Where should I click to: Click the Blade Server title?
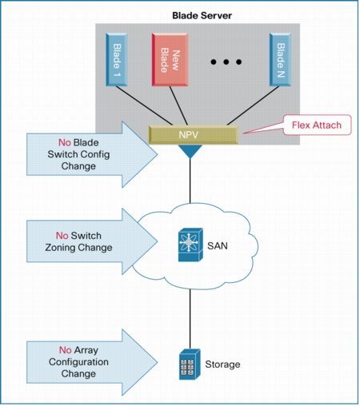202,15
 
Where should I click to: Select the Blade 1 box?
117,59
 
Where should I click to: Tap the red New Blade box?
170,59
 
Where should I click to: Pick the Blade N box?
280,59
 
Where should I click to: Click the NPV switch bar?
194,135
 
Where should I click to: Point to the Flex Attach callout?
317,125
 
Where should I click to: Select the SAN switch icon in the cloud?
190,245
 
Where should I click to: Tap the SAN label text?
218,245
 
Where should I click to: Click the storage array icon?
190,364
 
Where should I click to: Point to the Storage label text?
222,364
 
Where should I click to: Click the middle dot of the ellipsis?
226,62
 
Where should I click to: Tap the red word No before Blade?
65,142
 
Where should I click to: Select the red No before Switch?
62,236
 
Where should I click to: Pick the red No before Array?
66,350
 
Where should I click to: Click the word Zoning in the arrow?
61,248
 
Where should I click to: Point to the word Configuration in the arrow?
78,362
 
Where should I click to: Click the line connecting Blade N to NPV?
253,105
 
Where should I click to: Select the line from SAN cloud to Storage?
190,319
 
